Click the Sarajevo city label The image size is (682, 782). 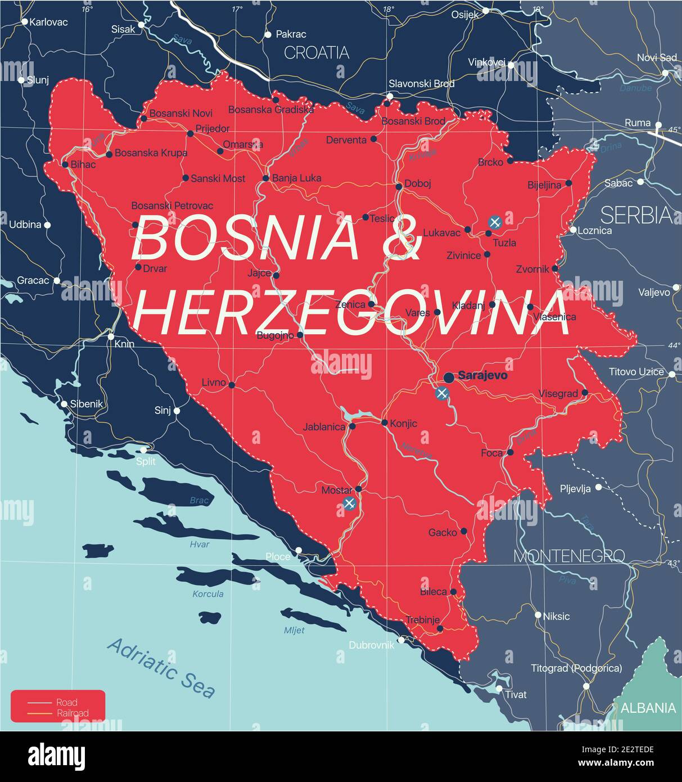click(482, 375)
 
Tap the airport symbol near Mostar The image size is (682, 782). click(349, 504)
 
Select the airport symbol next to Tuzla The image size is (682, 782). click(494, 222)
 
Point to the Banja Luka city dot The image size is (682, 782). click(266, 178)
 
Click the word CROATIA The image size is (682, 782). click(317, 53)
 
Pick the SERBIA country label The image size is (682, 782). click(636, 215)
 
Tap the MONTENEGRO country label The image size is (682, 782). click(569, 556)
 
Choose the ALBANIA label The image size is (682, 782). click(648, 708)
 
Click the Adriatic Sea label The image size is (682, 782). click(161, 668)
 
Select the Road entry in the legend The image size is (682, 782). click(66, 702)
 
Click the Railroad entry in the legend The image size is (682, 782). click(72, 713)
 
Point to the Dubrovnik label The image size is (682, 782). click(371, 645)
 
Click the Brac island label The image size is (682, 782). click(199, 500)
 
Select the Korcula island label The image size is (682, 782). click(207, 594)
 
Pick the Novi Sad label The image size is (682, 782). click(656, 58)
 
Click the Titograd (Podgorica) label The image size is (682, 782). click(576, 668)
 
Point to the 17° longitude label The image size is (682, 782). click(237, 9)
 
